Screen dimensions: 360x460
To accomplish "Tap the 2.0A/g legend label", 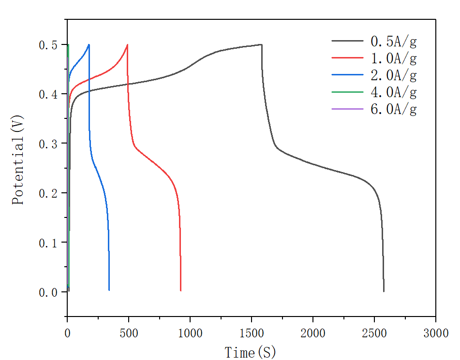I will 393,75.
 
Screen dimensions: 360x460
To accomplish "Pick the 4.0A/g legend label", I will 393,92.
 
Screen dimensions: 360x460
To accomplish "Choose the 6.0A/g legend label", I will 393,109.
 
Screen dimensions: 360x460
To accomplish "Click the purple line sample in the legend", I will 347,109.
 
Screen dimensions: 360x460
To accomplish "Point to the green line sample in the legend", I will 347,92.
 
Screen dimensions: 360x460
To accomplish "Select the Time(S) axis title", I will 250,353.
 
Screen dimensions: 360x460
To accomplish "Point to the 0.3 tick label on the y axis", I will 48,144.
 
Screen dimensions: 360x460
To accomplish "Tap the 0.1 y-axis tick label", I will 48,243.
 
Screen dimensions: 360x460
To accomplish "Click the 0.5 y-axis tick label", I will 48,45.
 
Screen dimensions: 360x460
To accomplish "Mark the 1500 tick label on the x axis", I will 252,333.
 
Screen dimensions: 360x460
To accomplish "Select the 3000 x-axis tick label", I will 435,333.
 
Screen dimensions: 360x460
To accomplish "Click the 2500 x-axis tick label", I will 374,333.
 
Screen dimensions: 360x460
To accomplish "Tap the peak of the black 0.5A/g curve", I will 261,44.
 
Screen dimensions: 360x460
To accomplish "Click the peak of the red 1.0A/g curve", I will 127,44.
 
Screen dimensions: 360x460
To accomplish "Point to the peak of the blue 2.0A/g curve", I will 89,44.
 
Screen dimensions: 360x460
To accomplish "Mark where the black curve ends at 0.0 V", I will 384,291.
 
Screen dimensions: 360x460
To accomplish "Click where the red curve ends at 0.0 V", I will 180,291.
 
